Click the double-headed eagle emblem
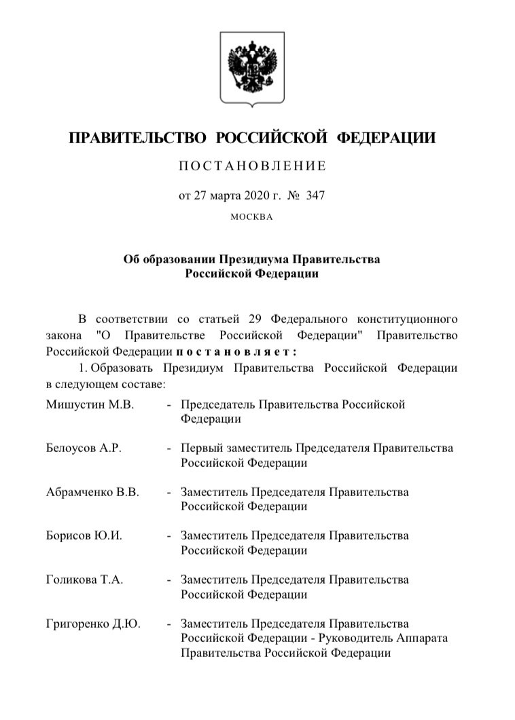point(252,67)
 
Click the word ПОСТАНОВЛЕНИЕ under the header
point(252,166)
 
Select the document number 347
point(316,195)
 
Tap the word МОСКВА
point(251,218)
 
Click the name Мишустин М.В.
point(90,404)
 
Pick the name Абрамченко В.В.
point(92,492)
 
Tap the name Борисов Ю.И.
point(84,535)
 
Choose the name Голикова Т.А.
point(84,580)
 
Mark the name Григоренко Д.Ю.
point(93,624)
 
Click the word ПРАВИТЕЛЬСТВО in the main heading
point(138,138)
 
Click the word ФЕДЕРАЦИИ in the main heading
point(387,138)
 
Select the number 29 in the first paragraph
point(255,318)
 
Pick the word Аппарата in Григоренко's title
point(426,639)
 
